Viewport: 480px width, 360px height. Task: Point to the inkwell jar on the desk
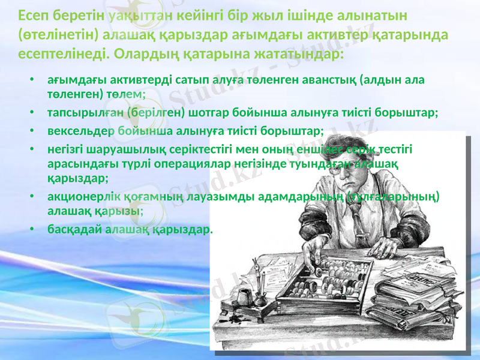[x=244, y=296]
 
